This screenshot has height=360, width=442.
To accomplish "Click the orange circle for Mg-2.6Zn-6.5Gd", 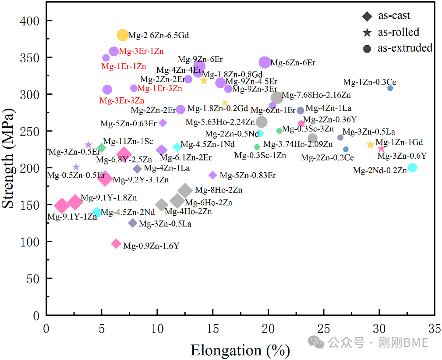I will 123,35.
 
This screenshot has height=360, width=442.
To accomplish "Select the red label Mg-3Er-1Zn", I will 141,51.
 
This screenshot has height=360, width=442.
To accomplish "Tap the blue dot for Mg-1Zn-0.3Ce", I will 390,88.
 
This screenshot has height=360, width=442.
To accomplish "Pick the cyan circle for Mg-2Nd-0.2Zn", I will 412,168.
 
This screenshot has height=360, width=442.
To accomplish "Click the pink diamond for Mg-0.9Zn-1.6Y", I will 116,244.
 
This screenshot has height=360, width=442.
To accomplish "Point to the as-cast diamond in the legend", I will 367,16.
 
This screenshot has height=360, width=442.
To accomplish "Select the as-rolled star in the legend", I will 367,32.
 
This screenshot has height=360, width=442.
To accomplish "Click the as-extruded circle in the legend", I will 367,48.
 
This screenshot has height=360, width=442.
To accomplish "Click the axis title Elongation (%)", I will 240,350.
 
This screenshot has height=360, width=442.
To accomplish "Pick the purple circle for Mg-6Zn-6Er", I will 265,63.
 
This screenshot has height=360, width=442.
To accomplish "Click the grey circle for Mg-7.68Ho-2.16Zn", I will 277,97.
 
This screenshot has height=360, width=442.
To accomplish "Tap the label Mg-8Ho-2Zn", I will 219,190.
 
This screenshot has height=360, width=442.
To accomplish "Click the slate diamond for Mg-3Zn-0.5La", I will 133,223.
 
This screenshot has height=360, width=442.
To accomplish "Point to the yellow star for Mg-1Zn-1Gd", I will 370,145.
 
